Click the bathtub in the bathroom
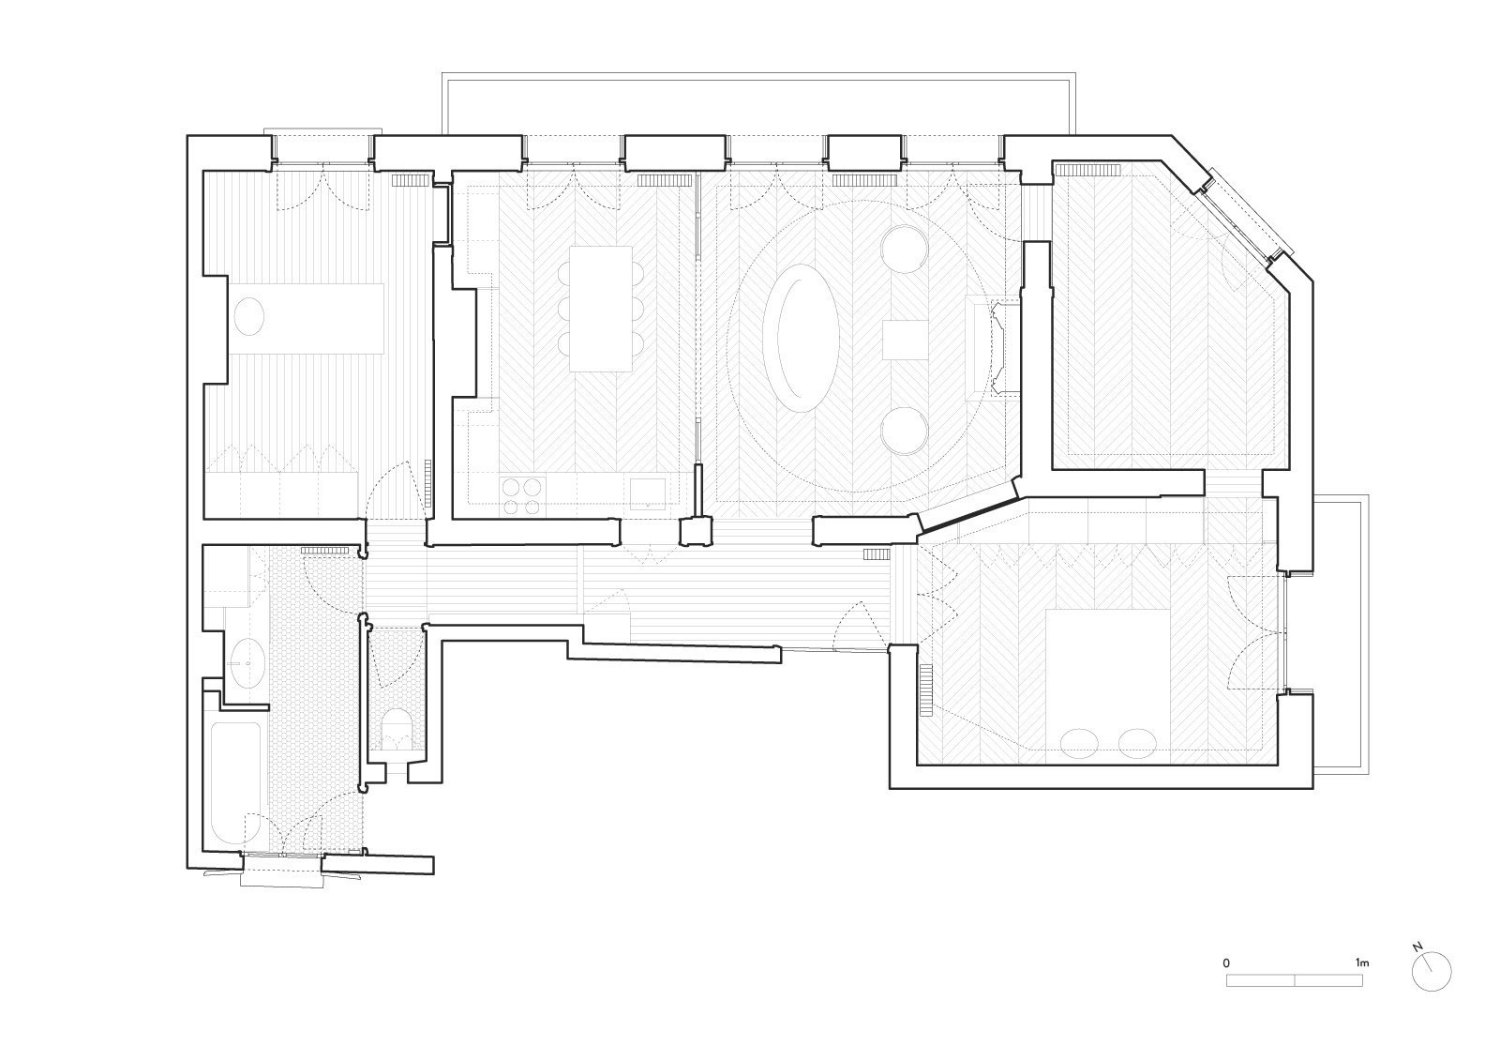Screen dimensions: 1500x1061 tap(235, 782)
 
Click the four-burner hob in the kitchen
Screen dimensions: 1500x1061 tap(523, 496)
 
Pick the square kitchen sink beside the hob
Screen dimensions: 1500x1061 tap(648, 493)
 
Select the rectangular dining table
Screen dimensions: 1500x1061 tap(601, 309)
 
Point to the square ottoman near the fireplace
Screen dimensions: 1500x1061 tap(906, 340)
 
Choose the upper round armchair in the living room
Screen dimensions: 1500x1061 tap(905, 250)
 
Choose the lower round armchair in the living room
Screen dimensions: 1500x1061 tap(905, 431)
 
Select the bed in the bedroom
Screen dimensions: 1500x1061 tap(1108, 686)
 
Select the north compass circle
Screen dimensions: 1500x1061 tap(1432, 990)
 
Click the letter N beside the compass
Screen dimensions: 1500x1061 tap(1417, 965)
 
